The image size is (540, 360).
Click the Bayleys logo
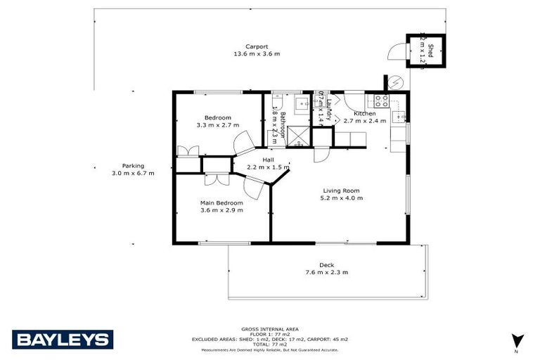(63, 340)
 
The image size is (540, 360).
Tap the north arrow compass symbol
(518, 340)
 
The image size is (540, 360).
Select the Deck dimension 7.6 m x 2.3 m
(326, 272)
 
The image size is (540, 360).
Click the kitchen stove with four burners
(382, 100)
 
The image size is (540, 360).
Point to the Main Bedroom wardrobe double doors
(215, 179)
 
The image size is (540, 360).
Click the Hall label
(268, 160)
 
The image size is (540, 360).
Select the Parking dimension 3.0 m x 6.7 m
(133, 173)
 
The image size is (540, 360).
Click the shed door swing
(397, 51)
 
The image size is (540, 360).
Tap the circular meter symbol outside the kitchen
(397, 82)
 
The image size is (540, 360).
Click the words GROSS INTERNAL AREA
(269, 329)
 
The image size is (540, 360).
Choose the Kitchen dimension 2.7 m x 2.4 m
(365, 121)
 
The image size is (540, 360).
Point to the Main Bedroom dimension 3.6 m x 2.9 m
(221, 210)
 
